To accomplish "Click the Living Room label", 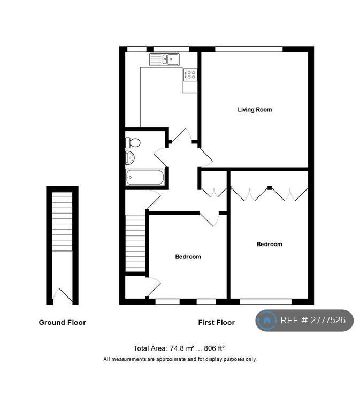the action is (255, 110).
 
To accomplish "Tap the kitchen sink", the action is (164, 59).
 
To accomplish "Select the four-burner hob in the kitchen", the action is (190, 74).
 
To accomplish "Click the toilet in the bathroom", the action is (133, 143).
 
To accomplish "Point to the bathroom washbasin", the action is (130, 158).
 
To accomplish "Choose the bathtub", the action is (145, 178).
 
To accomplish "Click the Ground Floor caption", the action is (63, 322).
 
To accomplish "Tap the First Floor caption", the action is (217, 322).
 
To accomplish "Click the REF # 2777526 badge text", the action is (313, 320).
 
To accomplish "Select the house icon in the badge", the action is (267, 320).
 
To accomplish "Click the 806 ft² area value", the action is (214, 348).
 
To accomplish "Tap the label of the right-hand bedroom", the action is (270, 244).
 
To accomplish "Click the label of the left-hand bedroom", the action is (188, 257).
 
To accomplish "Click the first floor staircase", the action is (135, 243).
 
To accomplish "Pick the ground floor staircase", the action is (62, 222).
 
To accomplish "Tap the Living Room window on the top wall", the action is (249, 49).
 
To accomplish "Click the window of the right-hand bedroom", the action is (266, 301).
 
